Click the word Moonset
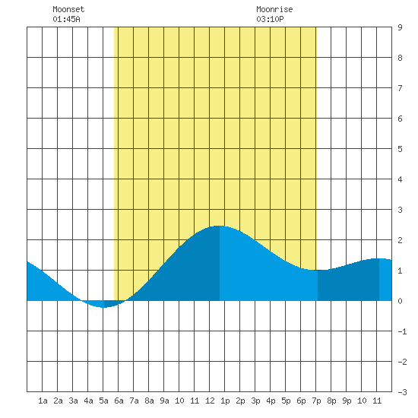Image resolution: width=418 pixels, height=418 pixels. pyautogui.click(x=68, y=9)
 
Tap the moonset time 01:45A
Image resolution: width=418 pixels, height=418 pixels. pyautogui.click(x=66, y=19)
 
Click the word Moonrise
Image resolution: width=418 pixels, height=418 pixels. pyautogui.click(x=274, y=9)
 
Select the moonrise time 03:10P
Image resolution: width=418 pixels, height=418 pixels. pyautogui.click(x=270, y=19)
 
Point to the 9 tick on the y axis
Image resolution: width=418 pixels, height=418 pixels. pyautogui.click(x=400, y=27)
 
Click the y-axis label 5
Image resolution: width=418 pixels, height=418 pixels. pyautogui.click(x=400, y=149)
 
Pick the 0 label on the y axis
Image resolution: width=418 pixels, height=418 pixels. pyautogui.click(x=400, y=301)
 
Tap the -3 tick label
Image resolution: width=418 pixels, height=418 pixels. pyautogui.click(x=402, y=392)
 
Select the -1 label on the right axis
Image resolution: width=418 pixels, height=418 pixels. pyautogui.click(x=402, y=331)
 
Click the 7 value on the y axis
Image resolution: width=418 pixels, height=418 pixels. pyautogui.click(x=400, y=88)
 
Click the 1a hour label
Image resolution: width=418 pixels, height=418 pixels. pyautogui.click(x=43, y=401)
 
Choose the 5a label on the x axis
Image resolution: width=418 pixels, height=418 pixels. pyautogui.click(x=103, y=401)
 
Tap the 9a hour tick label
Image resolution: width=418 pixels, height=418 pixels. pyautogui.click(x=164, y=401)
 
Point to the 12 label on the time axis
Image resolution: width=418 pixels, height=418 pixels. pyautogui.click(x=210, y=401)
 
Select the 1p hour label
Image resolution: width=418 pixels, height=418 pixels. pyautogui.click(x=225, y=401)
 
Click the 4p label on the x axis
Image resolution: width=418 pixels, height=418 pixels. pyautogui.click(x=271, y=401)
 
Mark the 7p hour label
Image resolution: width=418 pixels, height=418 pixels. pyautogui.click(x=316, y=401)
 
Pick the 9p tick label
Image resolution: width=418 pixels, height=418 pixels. pyautogui.click(x=347, y=401)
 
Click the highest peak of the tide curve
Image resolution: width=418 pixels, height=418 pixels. pyautogui.click(x=219, y=226)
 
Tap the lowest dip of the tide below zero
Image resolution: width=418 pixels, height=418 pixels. pyautogui.click(x=103, y=307)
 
